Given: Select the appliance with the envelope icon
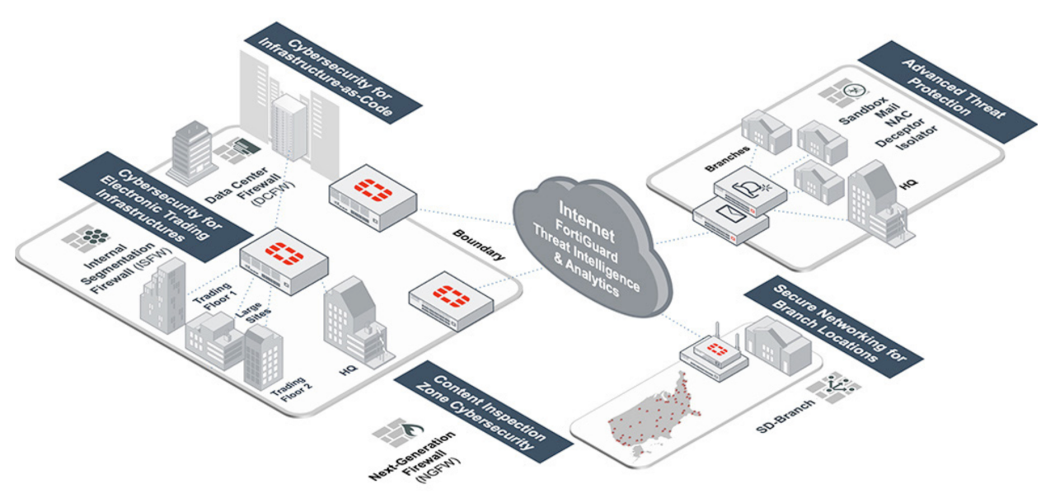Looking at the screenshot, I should [730, 218].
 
